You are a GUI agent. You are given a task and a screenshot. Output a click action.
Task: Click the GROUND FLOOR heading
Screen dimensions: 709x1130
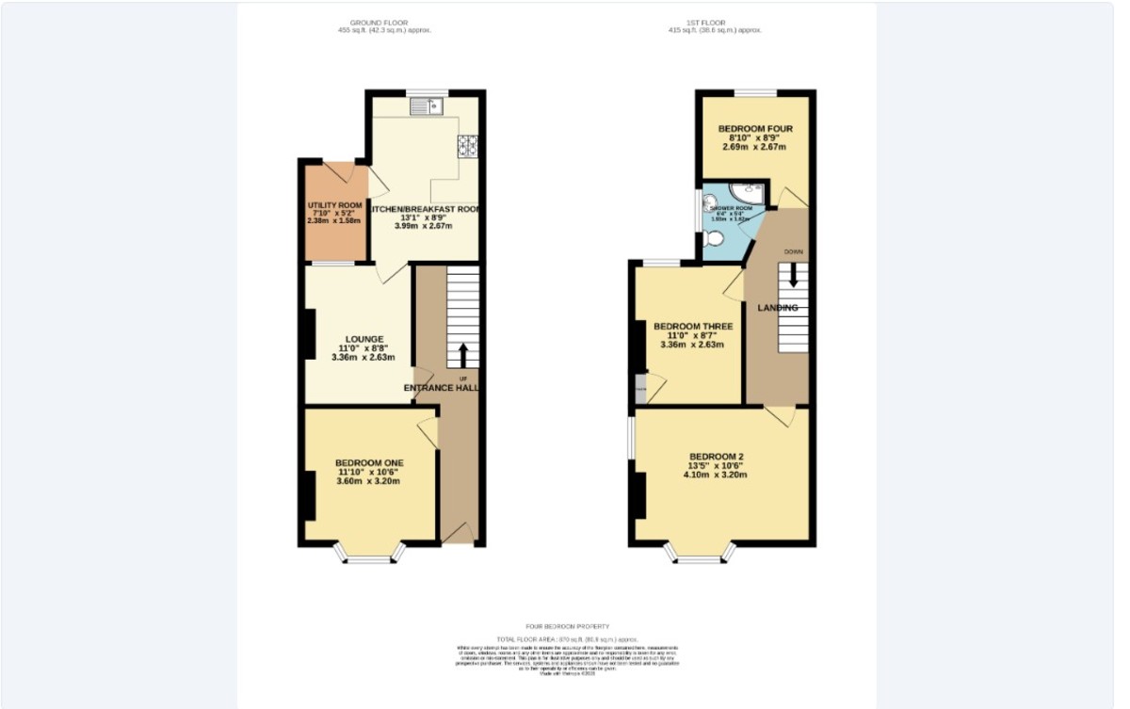(384, 22)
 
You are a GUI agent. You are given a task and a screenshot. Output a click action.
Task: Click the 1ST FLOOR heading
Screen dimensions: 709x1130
(714, 22)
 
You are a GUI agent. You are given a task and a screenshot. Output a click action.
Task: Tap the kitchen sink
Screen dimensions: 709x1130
(426, 107)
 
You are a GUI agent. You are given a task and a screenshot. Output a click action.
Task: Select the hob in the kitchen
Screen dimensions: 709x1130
(468, 145)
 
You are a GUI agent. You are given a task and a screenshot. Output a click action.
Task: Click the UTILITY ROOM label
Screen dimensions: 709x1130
(334, 205)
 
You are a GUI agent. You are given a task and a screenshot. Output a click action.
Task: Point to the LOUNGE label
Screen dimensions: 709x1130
(363, 339)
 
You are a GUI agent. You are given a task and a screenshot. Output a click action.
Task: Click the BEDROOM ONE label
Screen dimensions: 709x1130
(369, 462)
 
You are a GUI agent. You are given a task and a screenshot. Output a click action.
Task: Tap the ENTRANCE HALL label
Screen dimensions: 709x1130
(443, 388)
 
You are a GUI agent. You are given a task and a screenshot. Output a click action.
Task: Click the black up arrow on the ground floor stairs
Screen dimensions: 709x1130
(462, 355)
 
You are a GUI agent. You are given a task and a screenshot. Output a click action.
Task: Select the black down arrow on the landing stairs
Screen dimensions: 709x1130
(793, 274)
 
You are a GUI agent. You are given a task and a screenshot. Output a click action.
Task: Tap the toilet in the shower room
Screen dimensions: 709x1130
(716, 238)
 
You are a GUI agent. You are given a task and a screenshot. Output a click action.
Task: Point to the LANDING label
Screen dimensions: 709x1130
(779, 308)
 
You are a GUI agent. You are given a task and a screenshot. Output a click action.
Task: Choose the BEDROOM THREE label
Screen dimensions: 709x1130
(693, 327)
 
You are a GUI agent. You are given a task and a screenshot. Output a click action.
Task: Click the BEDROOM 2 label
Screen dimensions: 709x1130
(716, 457)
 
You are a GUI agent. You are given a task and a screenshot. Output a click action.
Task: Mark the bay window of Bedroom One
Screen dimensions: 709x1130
(368, 555)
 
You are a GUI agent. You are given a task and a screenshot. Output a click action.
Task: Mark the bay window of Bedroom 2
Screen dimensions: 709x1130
(699, 555)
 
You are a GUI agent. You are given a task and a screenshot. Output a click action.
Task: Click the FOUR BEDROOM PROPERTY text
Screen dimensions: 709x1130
(567, 626)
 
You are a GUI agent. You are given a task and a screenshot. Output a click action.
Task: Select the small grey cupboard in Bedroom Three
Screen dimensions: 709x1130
(641, 389)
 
